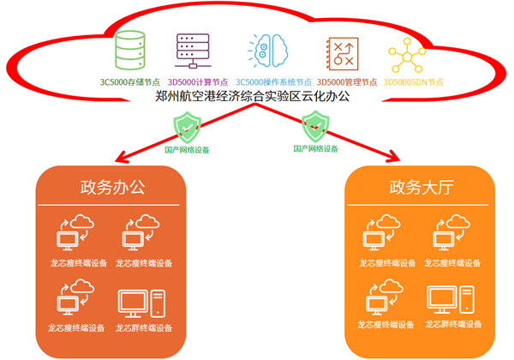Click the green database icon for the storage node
pyautogui.click(x=131, y=52)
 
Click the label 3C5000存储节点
pyautogui.click(x=131, y=83)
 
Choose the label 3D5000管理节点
pyautogui.click(x=342, y=83)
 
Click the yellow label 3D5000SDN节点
pyautogui.click(x=414, y=83)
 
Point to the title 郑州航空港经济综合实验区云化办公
pyautogui.click(x=253, y=97)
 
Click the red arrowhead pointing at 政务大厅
pyautogui.click(x=394, y=158)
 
